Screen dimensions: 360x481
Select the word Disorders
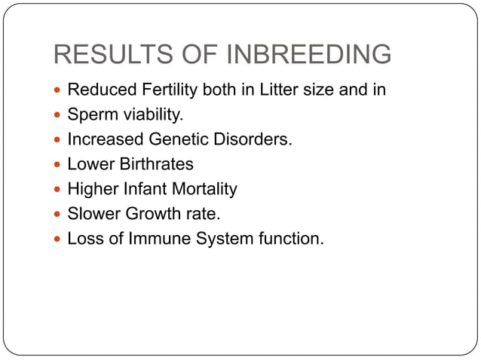[x=253, y=140]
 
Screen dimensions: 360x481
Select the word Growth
[x=150, y=214]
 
